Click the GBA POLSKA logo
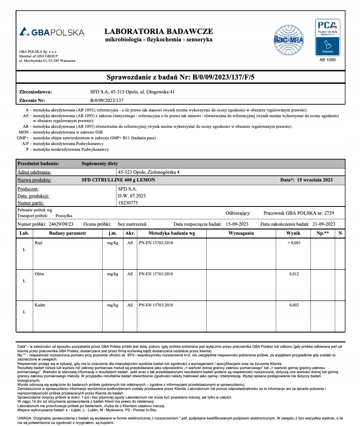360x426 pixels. tap(52, 32)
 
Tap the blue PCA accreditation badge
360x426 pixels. tap(327, 37)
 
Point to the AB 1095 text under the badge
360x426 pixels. tap(327, 60)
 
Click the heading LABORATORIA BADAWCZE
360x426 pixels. tap(159, 32)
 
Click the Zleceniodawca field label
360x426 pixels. tap(36, 92)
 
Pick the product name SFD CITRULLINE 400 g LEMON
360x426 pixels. tap(118, 180)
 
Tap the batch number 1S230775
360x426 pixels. tap(128, 202)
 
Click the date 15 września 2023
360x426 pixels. tap(314, 180)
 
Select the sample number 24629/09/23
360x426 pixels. tap(61, 224)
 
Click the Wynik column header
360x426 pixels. tap(293, 233)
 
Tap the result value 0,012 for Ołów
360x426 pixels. tap(294, 274)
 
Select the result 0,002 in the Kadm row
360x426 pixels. tap(294, 305)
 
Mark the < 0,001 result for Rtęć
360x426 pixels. tap(294, 243)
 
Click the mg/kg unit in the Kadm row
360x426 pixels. tap(112, 305)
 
